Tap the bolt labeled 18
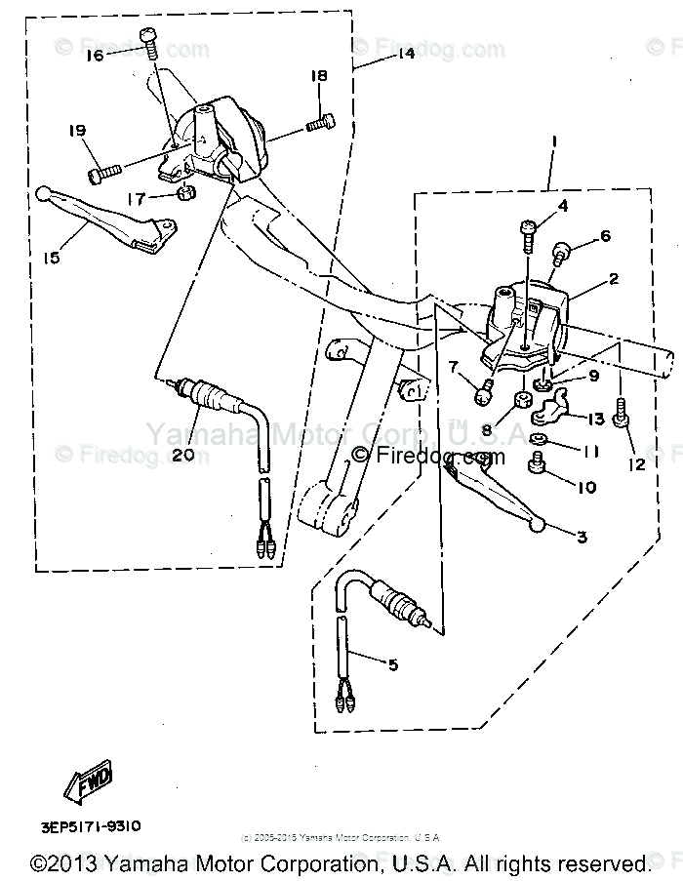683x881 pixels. pos(321,124)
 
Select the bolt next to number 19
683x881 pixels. pos(102,174)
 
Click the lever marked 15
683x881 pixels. pos(107,220)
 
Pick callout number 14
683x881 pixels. pos(405,55)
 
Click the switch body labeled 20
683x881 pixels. pos(208,398)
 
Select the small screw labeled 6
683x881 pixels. pos(563,253)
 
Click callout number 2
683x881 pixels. pos(613,279)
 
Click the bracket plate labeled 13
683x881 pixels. pos(553,415)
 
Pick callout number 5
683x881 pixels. pos(392,665)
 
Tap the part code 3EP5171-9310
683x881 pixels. pos(91,826)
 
